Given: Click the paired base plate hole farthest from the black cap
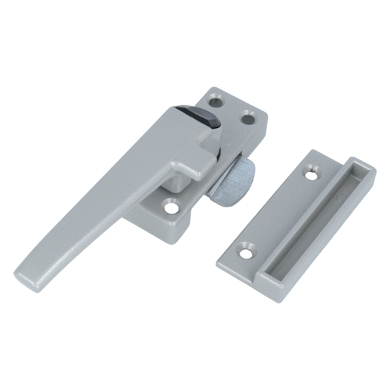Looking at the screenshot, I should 249,117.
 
